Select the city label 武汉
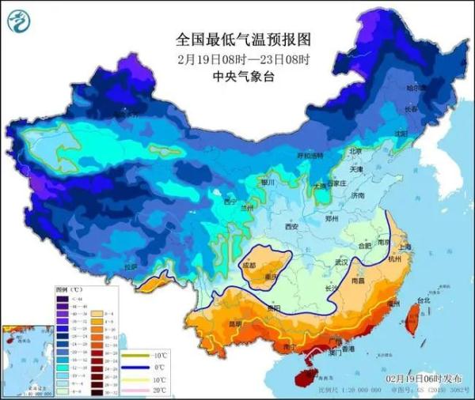pyautogui.click(x=342, y=262)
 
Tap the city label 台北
pyautogui.click(x=424, y=300)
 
